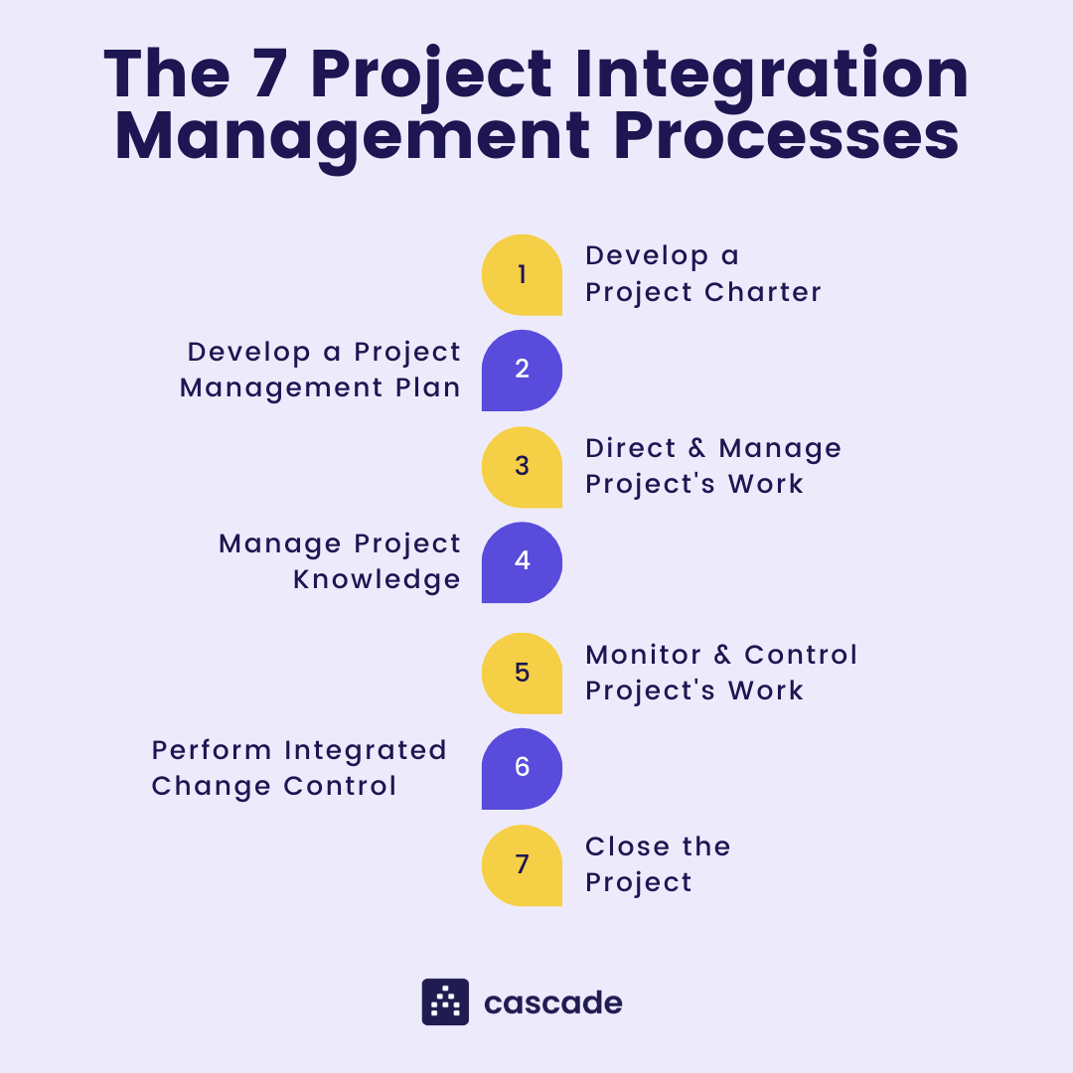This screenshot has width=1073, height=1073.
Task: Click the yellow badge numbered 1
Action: pos(522,275)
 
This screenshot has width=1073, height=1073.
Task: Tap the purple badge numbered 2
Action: pos(522,371)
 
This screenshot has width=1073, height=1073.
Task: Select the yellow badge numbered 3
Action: pos(522,467)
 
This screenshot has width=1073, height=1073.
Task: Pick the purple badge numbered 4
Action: pos(522,562)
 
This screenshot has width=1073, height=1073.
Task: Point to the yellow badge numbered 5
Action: pos(522,674)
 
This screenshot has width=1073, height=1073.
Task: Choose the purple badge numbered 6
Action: pos(522,769)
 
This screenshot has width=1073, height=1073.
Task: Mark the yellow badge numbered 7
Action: pos(522,865)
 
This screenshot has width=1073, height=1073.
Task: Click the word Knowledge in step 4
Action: pos(377,579)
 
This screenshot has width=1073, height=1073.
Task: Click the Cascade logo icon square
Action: pos(445,1001)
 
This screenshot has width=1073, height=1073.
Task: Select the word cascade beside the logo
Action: pos(553,1002)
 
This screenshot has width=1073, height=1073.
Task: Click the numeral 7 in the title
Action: pos(271,75)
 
